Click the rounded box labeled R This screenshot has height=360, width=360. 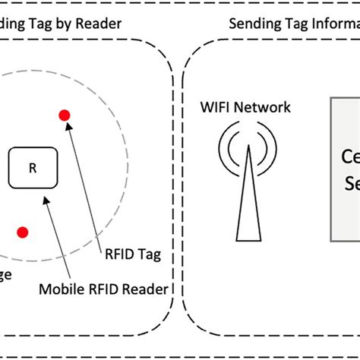coord(32,168)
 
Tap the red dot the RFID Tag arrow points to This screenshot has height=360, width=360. coord(65,115)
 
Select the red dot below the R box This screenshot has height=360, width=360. coord(24,232)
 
